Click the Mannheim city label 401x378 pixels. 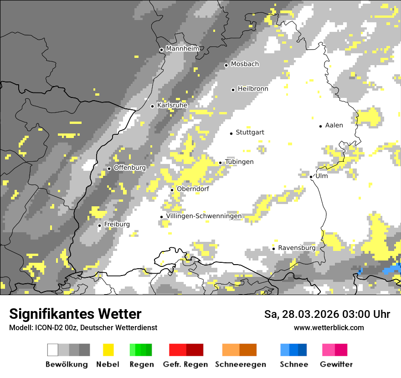[x=183, y=49]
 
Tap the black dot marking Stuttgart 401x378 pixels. [x=231, y=133]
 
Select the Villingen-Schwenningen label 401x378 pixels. [x=204, y=216]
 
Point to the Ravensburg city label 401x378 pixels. [x=297, y=248]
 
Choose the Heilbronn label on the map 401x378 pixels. [x=253, y=89]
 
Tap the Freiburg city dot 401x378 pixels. [x=99, y=225]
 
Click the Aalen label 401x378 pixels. [x=334, y=125]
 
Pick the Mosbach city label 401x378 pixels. [x=245, y=64]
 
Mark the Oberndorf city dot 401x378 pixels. [x=172, y=190]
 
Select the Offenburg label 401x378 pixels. [x=130, y=168]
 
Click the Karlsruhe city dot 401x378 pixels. [x=153, y=106]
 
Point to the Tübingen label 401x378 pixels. [x=239, y=162]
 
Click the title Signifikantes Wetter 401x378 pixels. [x=75, y=314]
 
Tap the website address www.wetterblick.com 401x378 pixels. [x=329, y=327]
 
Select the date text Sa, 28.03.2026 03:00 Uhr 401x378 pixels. [x=327, y=314]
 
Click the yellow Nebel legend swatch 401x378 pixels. [x=108, y=350]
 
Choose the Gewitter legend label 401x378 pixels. [x=336, y=364]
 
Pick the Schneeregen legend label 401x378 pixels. [x=241, y=364]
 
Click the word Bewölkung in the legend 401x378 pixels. [x=67, y=364]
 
